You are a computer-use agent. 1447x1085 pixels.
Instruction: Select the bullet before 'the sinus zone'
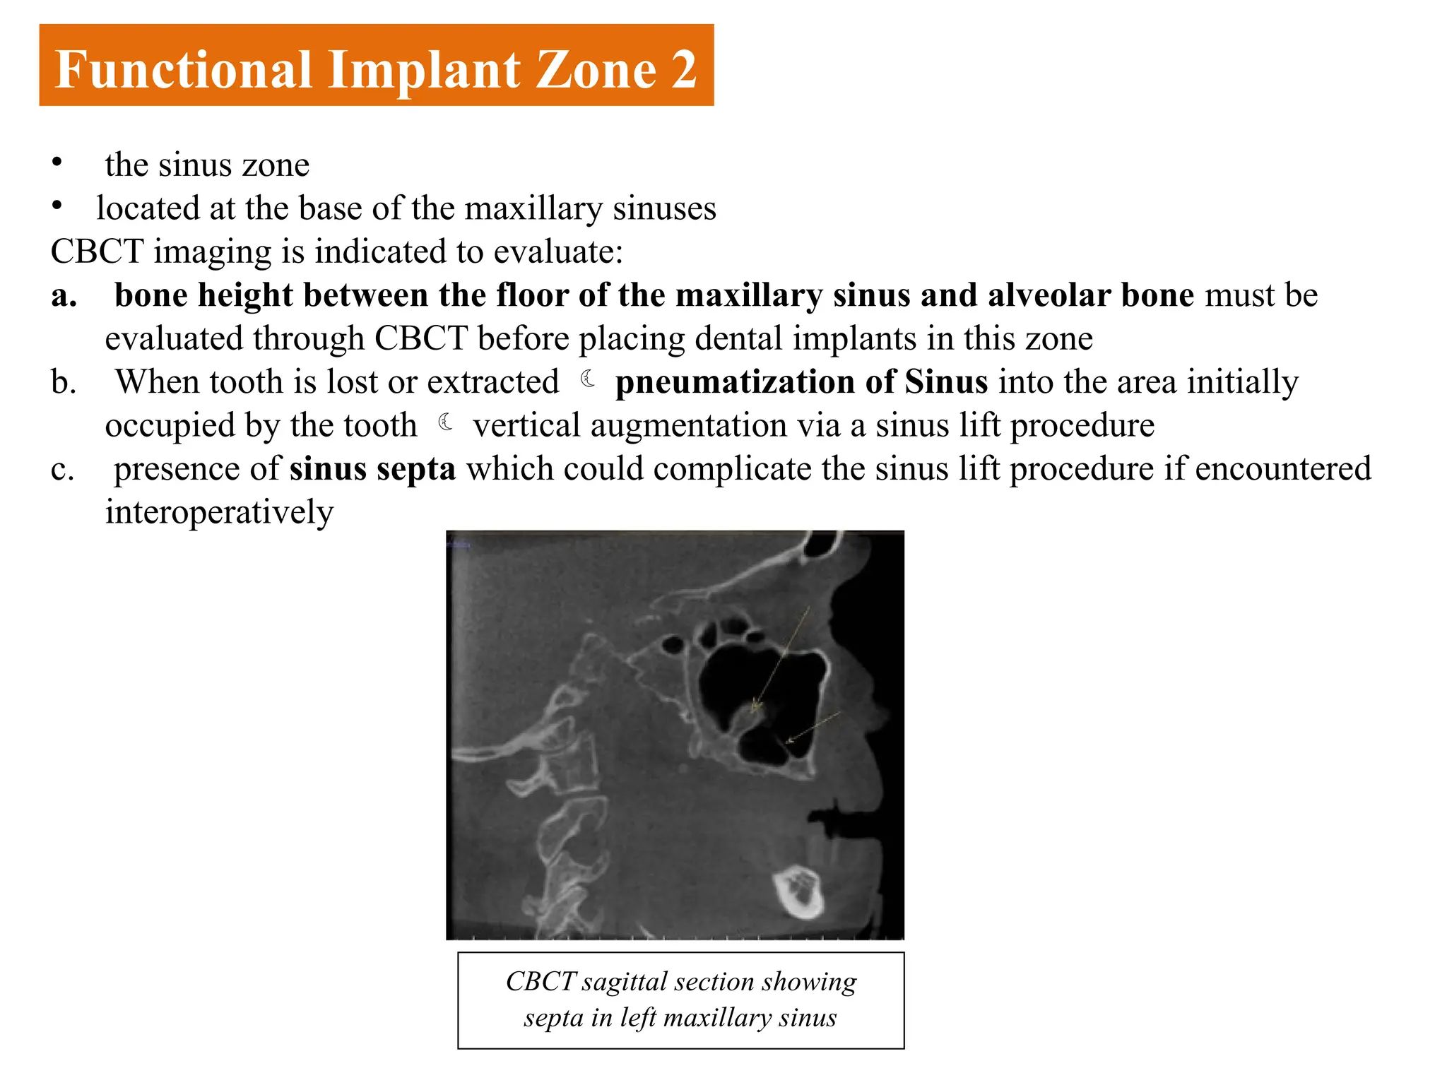[57, 162]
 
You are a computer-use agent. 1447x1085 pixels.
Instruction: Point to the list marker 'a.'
[64, 295]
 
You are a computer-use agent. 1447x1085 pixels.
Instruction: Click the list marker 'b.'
[64, 382]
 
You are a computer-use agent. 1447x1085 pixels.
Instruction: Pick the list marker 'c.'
[62, 469]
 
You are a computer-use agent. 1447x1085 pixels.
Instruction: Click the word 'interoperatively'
[219, 512]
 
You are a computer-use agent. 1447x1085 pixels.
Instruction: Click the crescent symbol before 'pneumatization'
[588, 379]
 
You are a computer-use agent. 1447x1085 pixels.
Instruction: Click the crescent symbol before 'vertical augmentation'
[446, 422]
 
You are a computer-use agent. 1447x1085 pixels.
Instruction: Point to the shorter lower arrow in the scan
[813, 728]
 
